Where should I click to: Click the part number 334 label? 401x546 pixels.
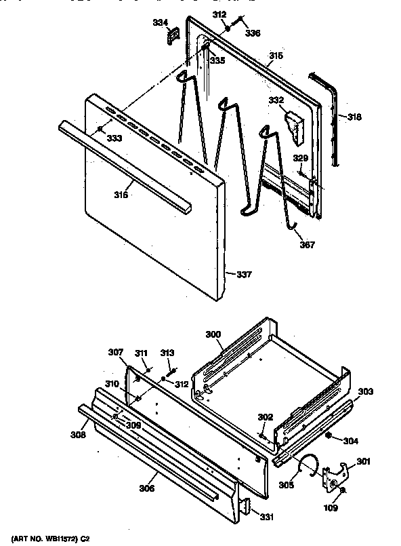coord(160,22)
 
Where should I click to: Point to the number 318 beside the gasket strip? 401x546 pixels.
coord(354,117)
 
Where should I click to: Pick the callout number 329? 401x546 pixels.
coord(300,158)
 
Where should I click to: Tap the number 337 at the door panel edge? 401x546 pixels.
coord(244,275)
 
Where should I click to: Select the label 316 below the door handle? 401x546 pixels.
coord(121,195)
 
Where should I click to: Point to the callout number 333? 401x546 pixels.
coord(113,138)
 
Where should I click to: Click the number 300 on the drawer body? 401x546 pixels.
coord(213,335)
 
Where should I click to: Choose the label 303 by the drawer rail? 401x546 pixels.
coord(365,392)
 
